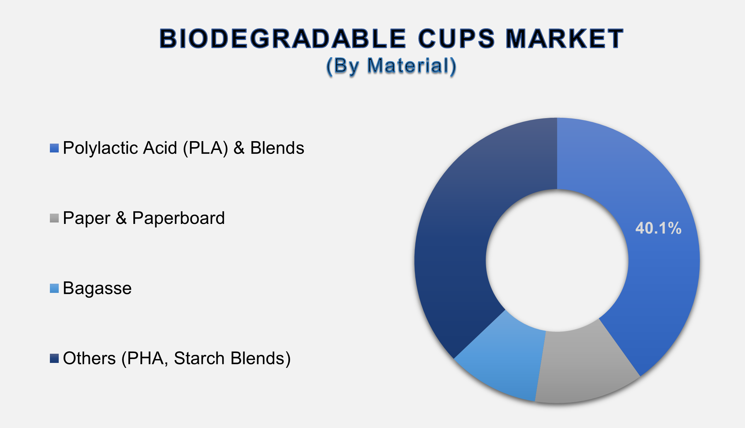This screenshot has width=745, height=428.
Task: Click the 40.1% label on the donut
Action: (x=658, y=228)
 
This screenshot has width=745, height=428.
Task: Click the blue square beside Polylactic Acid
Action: (x=54, y=148)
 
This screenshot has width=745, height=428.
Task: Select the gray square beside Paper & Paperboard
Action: (x=54, y=218)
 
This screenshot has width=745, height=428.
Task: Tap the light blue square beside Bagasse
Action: (x=54, y=288)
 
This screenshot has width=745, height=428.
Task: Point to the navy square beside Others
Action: (x=54, y=358)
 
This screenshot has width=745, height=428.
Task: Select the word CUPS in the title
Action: (x=456, y=39)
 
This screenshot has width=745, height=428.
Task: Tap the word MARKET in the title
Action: (x=564, y=39)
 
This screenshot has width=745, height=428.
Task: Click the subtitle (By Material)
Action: (x=391, y=66)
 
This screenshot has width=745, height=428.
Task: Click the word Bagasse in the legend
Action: (x=97, y=288)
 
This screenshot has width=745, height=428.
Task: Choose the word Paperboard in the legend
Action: (x=178, y=218)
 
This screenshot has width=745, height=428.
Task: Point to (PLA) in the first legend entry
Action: (x=206, y=148)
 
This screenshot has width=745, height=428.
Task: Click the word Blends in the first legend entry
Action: (x=277, y=148)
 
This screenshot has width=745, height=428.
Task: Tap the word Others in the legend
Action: (x=89, y=358)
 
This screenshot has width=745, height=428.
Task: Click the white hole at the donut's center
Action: (x=557, y=260)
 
